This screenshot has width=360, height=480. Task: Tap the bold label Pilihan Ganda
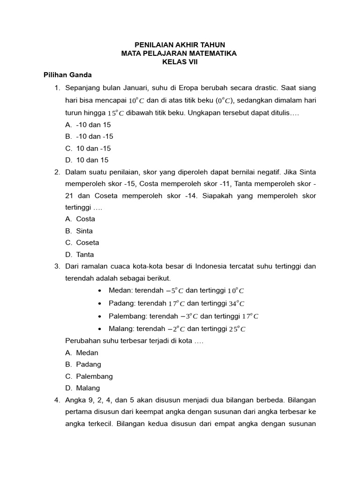(67, 75)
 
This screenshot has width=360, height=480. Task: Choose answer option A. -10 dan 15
(88, 125)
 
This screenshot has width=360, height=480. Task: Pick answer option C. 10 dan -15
(88, 148)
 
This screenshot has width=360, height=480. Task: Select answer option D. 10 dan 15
(87, 160)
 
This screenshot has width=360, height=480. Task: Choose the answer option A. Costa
(80, 219)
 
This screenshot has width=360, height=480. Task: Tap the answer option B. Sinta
(79, 231)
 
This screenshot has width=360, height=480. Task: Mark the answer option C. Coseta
(82, 243)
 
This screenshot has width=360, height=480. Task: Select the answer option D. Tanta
(80, 255)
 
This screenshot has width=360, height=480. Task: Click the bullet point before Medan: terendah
(101, 291)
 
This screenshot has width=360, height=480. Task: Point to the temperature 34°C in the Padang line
(237, 304)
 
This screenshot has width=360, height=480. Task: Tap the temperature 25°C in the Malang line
(237, 329)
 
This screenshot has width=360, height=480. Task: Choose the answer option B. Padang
(83, 364)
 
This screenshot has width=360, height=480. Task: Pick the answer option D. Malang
(83, 388)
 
